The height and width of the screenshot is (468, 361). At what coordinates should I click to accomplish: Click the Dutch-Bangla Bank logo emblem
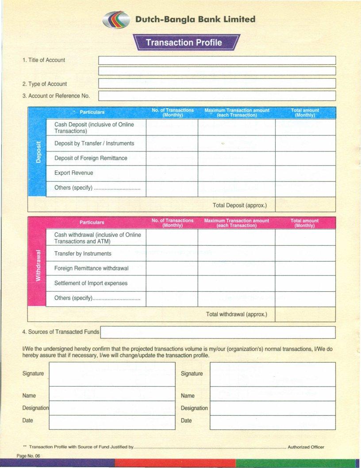coord(116,20)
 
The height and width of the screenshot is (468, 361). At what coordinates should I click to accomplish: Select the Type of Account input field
coord(217,84)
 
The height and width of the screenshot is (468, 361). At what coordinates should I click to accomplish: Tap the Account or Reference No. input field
coord(217,96)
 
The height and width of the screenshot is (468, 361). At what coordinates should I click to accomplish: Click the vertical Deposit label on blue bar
coord(38,152)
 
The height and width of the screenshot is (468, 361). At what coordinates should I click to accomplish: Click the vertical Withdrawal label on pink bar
coord(38,265)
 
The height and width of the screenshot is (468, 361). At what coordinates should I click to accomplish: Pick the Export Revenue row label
coord(73,173)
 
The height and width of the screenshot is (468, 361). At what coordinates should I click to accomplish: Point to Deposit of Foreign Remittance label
coord(91,158)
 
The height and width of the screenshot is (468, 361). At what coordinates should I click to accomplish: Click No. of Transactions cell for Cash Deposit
coord(172,128)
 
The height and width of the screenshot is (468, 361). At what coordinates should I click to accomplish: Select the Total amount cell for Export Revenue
coord(305,173)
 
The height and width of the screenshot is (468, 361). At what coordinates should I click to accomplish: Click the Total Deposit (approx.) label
coord(239,205)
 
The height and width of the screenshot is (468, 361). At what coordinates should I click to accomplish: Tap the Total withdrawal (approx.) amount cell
coord(305,314)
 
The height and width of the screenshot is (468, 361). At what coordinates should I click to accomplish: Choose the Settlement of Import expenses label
coord(91,283)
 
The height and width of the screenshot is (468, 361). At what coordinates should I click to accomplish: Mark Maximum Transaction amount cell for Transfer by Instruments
coord(236,254)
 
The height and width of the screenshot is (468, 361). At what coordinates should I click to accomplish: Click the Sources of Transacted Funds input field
coord(218,332)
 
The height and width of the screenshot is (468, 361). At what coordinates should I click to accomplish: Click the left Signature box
coord(112,374)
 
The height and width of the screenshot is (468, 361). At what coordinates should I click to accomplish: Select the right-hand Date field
coord(273,422)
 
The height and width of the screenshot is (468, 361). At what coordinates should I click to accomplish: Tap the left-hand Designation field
coord(112,408)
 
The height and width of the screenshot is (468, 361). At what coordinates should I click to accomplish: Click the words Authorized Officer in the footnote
coord(306,447)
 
